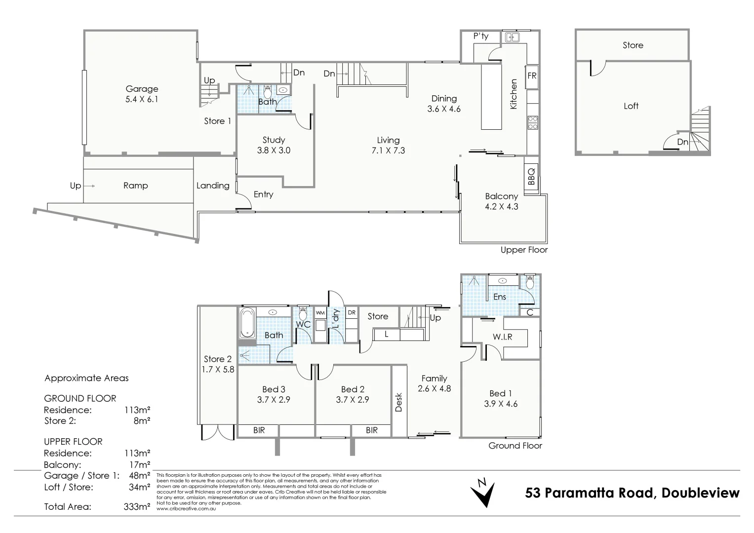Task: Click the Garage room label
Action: pyautogui.click(x=142, y=89)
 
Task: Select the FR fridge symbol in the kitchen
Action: pyautogui.click(x=532, y=76)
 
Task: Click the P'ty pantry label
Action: pyautogui.click(x=480, y=36)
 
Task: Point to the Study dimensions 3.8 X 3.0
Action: pyautogui.click(x=274, y=151)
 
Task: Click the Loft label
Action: pyautogui.click(x=631, y=106)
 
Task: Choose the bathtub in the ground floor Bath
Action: pyautogui.click(x=247, y=323)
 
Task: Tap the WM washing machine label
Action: pyautogui.click(x=320, y=313)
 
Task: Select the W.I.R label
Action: pyautogui.click(x=502, y=337)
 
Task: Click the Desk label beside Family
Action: pyautogui.click(x=399, y=402)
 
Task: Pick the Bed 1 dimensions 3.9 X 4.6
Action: pyautogui.click(x=501, y=404)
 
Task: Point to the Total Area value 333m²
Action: pyautogui.click(x=137, y=506)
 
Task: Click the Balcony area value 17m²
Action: pyautogui.click(x=139, y=464)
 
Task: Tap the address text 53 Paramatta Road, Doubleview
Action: pyautogui.click(x=633, y=493)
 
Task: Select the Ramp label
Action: pyautogui.click(x=135, y=186)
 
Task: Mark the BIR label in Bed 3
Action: pyautogui.click(x=259, y=430)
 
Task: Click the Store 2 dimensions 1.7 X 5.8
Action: pyautogui.click(x=218, y=369)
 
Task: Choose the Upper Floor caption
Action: pyautogui.click(x=524, y=250)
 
